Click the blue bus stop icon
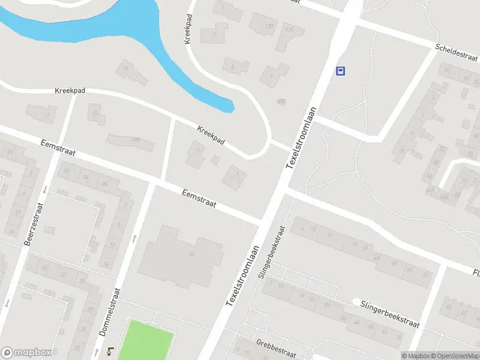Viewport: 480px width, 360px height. click(x=341, y=71)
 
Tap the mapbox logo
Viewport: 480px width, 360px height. click(x=26, y=353)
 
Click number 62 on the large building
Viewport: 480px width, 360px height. click(x=191, y=254)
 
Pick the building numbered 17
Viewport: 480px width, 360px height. click(x=47, y=114)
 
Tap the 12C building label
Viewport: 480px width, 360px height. click(x=290, y=29)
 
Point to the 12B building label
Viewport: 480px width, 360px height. click(x=269, y=27)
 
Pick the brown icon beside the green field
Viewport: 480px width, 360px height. click(x=110, y=350)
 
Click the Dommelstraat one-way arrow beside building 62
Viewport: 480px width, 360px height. click(x=134, y=238)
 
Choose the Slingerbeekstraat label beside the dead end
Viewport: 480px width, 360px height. click(x=390, y=314)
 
